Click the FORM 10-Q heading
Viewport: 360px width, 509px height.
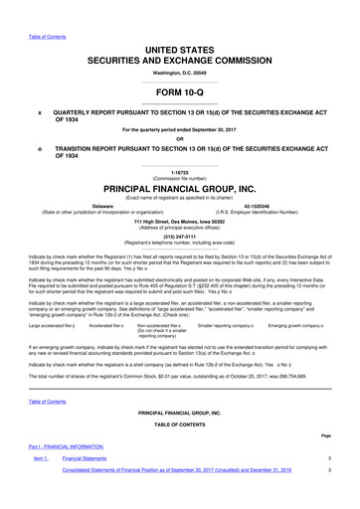179,92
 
